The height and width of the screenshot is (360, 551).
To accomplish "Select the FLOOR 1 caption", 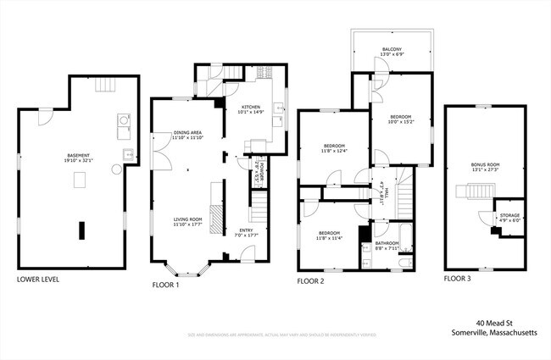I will click(x=166, y=285).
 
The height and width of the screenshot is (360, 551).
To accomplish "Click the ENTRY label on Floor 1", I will click(x=246, y=230).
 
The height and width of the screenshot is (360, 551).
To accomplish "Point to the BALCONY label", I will click(x=391, y=50).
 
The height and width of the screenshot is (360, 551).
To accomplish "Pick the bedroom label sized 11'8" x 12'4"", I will click(x=334, y=147).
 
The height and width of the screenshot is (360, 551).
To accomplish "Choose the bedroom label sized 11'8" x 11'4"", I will click(x=331, y=235).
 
